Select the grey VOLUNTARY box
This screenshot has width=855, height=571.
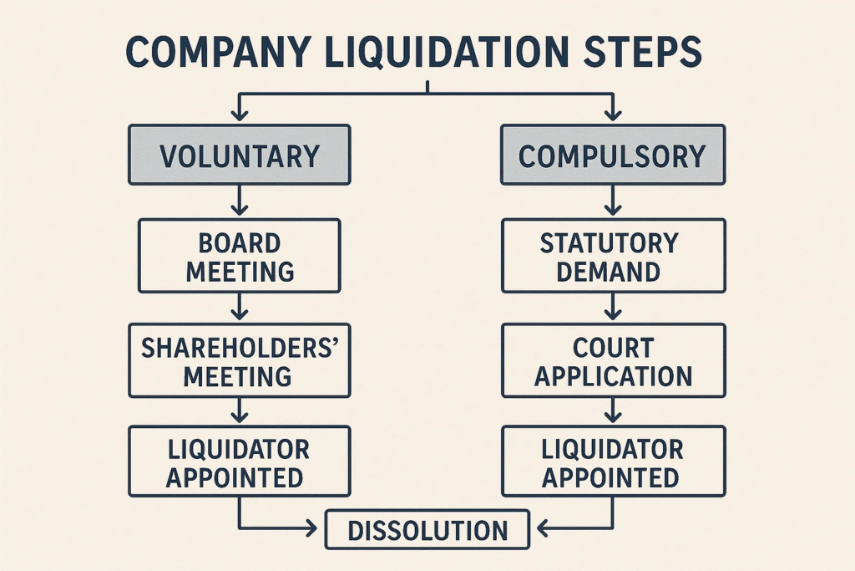(239, 155)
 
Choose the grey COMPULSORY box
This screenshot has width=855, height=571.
(612, 155)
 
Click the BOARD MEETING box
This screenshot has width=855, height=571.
(239, 256)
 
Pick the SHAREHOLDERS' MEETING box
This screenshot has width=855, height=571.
(239, 360)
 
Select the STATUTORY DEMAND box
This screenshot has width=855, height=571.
(612, 256)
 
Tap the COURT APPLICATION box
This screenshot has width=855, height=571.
(612, 360)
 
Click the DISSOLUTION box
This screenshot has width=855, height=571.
(427, 530)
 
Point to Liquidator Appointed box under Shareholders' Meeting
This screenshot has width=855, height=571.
(239, 462)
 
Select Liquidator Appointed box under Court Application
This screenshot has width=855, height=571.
(612, 462)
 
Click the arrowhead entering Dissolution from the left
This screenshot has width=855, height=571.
(314, 528)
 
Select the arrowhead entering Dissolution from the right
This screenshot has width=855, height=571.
(541, 528)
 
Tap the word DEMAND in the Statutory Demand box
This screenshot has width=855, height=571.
(612, 272)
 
